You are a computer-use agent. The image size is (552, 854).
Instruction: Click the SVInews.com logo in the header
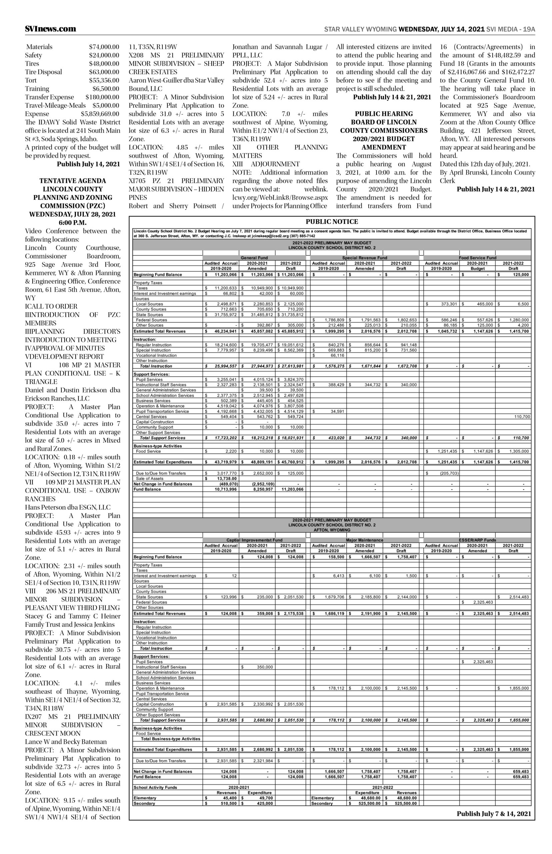coord(51,29)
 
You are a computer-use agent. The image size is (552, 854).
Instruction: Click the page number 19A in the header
coord(529,29)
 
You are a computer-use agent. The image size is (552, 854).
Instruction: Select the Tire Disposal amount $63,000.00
coord(104,72)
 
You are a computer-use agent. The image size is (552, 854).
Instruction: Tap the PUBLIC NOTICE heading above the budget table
coord(332,222)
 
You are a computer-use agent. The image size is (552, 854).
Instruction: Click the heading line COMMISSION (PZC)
coord(73,206)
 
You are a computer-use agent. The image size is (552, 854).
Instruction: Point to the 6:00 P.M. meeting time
coord(73,223)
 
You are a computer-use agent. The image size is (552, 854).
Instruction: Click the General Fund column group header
coord(254,258)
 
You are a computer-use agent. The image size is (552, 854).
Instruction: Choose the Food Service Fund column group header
coord(477,258)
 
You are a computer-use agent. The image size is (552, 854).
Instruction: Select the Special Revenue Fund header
coord(365,258)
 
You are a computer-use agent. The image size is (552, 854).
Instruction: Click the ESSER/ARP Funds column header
coord(477,540)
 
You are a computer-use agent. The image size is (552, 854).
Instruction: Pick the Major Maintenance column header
coord(365,540)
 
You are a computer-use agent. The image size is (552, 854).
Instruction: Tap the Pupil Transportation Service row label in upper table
coord(162,411)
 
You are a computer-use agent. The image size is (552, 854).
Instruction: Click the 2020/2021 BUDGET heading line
coord(384,139)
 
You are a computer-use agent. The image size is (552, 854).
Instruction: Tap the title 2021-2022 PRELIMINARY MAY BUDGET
coord(332,243)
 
